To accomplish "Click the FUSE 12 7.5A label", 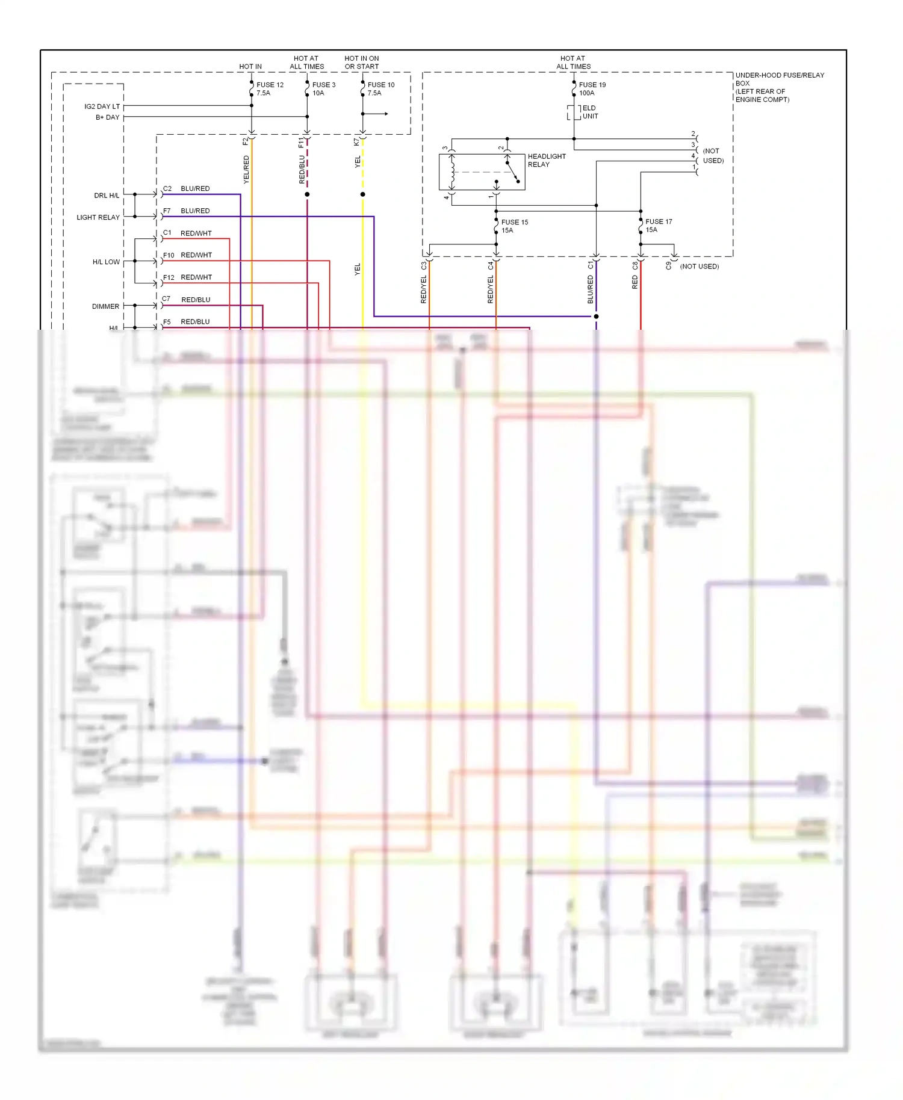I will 269,89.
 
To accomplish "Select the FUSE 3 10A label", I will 323,89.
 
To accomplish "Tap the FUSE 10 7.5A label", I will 380,89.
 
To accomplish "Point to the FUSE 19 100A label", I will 592,89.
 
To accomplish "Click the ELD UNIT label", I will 589,112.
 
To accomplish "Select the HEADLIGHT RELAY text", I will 546,160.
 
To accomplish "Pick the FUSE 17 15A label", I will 658,226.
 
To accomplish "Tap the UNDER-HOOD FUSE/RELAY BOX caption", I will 779,87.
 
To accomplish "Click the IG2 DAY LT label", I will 102,107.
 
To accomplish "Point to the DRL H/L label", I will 107,196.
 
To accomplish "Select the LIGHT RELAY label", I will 98,217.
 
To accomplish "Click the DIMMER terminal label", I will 105,306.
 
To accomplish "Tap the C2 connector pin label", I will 167,189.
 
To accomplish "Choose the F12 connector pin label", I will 169,277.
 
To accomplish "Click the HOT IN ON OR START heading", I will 361,63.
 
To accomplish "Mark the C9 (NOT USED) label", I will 692,266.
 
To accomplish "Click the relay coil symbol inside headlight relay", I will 452,172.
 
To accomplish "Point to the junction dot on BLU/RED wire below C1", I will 596,317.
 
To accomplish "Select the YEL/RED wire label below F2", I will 246,170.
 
